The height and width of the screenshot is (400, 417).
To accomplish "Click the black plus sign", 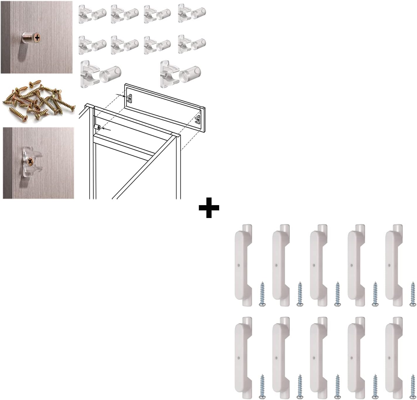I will (x=209, y=208).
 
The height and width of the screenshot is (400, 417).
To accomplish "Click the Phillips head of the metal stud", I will (x=37, y=38).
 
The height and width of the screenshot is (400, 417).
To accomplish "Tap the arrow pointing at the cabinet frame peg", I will (x=108, y=129).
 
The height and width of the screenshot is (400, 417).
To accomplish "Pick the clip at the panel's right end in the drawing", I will (x=198, y=119).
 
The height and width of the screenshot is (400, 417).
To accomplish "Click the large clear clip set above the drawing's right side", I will (x=180, y=74).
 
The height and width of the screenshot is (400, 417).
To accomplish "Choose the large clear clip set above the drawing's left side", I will (x=100, y=74).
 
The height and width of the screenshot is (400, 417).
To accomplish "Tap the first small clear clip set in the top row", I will (x=92, y=14).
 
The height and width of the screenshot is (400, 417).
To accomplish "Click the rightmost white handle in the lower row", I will (x=394, y=358).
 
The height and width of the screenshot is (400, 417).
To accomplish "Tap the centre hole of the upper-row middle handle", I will (x=314, y=265).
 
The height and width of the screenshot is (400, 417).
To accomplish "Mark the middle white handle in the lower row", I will (x=318, y=358).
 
